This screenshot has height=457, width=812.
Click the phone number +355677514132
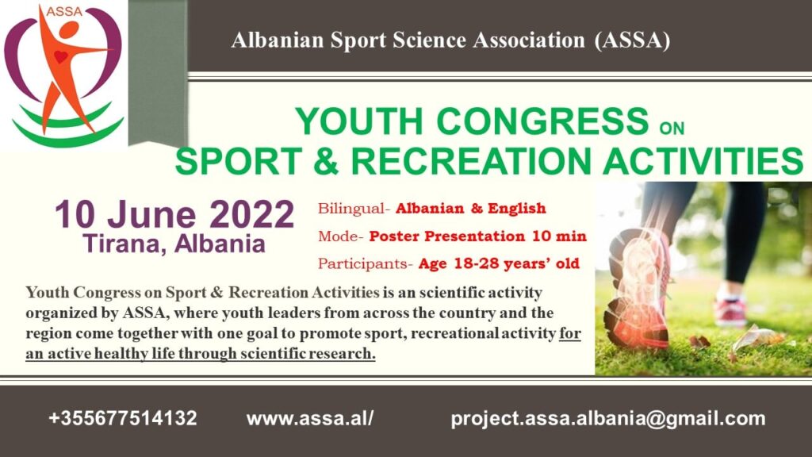click(x=123, y=418)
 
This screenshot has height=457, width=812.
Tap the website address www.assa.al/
click(x=310, y=418)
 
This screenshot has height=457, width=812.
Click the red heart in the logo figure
click(x=60, y=56)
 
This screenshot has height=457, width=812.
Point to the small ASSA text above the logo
click(x=64, y=11)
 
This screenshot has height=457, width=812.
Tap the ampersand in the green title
click(x=326, y=160)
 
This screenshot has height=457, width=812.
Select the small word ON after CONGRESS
click(x=672, y=128)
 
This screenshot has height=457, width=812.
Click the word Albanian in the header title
click(x=278, y=40)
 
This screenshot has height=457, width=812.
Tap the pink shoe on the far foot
click(x=730, y=310)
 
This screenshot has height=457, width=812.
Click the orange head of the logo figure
click(x=68, y=29)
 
